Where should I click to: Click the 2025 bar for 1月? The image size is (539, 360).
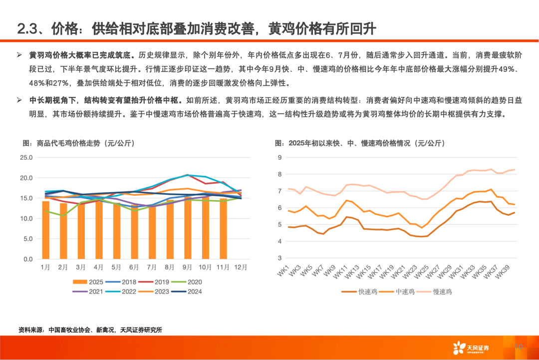click(x=45, y=230)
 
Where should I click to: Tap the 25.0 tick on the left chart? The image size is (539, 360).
click(x=26, y=158)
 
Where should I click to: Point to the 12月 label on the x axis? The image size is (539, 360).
click(x=241, y=268)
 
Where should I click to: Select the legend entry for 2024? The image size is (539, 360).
click(x=189, y=292)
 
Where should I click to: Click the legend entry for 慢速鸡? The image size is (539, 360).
click(x=436, y=292)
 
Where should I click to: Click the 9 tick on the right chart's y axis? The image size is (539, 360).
click(x=280, y=158)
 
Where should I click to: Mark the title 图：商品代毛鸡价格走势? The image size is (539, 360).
click(x=78, y=143)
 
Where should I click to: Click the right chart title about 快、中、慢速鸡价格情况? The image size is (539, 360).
click(x=359, y=143)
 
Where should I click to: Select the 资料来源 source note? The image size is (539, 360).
click(x=90, y=330)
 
